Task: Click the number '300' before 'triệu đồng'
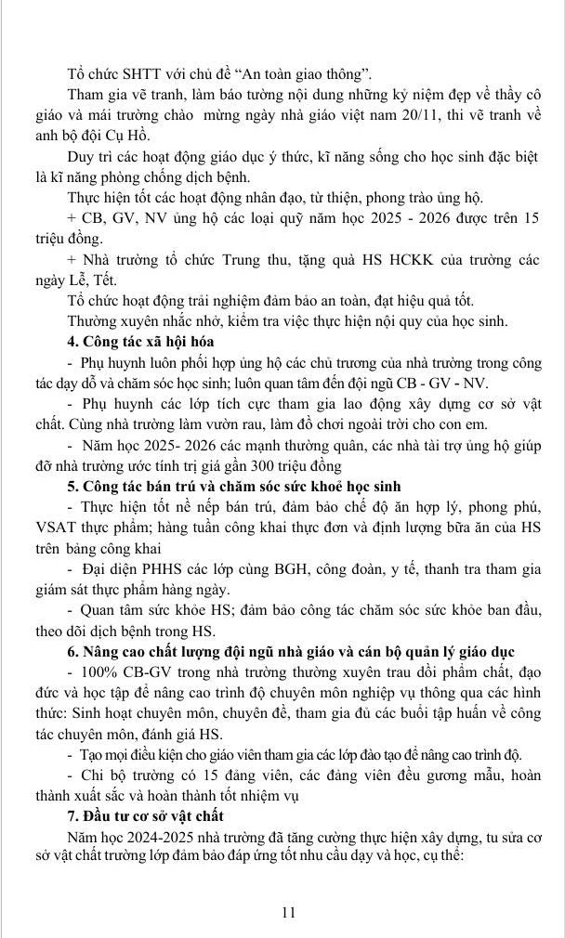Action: point(241,466)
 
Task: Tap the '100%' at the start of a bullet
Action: point(101,669)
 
